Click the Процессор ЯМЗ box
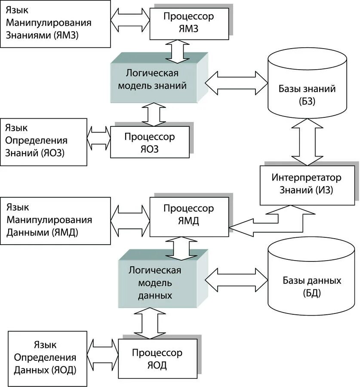tap(189, 24)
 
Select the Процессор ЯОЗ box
tap(150, 142)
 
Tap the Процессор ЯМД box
tap(189, 217)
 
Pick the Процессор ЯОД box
tap(158, 359)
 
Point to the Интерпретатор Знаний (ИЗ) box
tap(307, 185)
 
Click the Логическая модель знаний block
tap(159, 78)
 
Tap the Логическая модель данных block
tap(163, 279)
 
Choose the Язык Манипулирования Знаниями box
tap(55, 24)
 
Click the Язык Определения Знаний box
tap(43, 142)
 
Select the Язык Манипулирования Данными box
tap(55, 221)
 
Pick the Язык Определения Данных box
tap(47, 359)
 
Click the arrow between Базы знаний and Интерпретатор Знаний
tap(307, 142)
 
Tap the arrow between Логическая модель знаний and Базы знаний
tap(237, 83)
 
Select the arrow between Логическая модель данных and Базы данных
tap(237, 280)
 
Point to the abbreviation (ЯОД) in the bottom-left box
tap(64, 370)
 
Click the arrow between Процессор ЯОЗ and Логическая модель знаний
tap(154, 114)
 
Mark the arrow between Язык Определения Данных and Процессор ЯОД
tap(103, 355)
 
